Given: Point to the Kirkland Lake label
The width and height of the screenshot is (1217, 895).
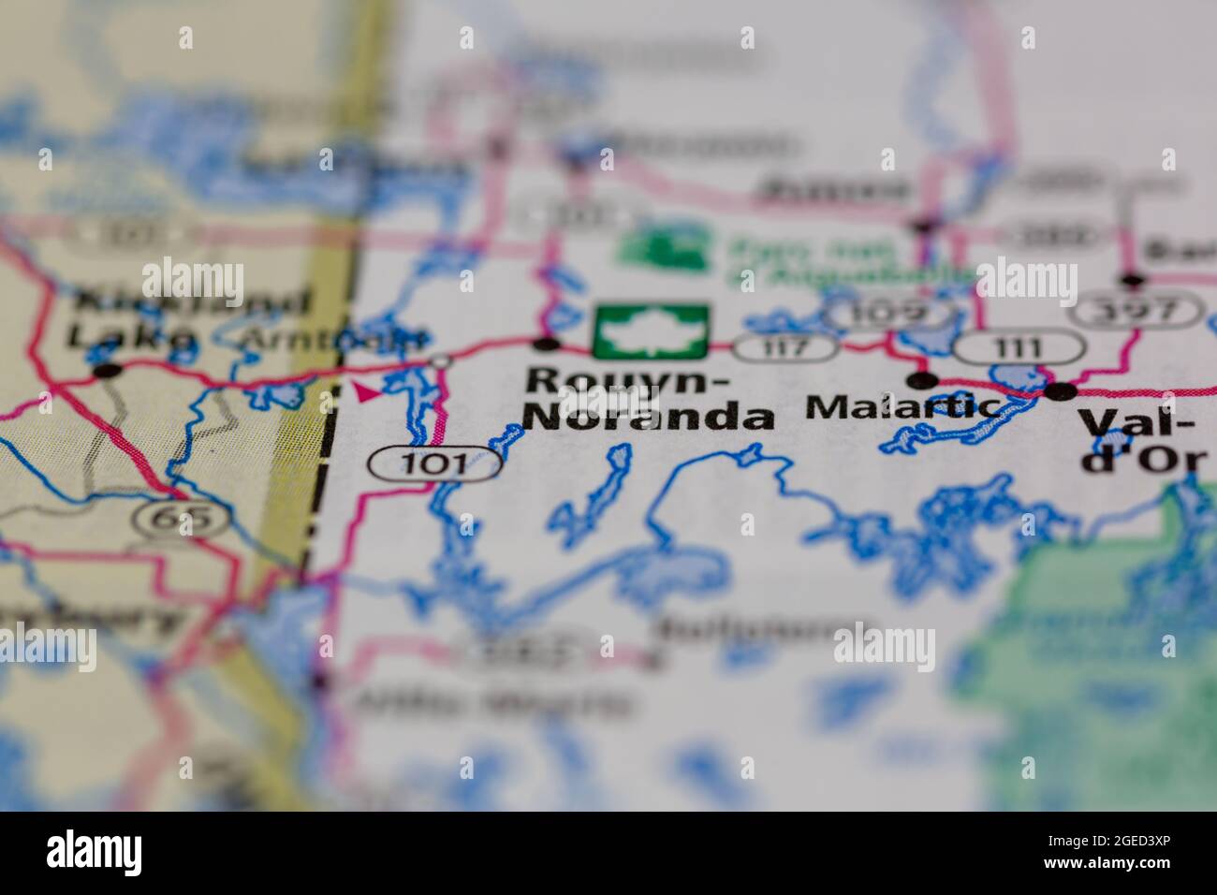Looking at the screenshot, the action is click(x=190, y=318).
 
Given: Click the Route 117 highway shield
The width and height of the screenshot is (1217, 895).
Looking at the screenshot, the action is click(x=784, y=347).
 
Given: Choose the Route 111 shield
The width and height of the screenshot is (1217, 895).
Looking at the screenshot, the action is click(x=1019, y=348).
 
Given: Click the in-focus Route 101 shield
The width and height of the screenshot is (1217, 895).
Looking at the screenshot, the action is click(x=433, y=463).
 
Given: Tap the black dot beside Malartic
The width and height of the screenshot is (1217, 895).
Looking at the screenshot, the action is click(x=923, y=380).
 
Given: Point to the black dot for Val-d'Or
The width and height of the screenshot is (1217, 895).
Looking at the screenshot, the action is click(x=1062, y=391).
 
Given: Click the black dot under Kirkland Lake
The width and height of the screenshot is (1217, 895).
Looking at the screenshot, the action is click(x=109, y=371).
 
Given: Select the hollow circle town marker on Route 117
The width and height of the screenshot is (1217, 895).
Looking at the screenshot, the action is click(x=440, y=361).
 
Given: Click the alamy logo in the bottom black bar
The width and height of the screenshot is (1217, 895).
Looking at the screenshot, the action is click(x=95, y=852).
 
